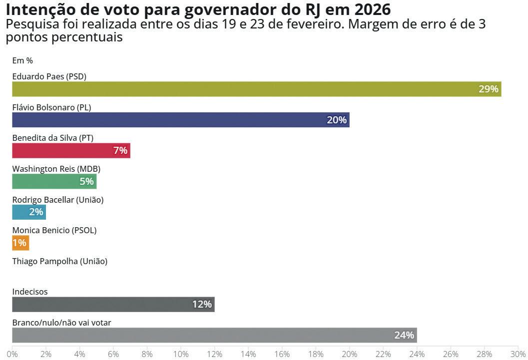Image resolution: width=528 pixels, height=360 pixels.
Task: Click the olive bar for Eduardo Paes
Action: (256, 89)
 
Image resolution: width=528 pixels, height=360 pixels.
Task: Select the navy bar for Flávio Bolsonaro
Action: (180, 120)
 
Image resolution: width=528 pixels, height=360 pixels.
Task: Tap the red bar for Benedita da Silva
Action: (71, 150)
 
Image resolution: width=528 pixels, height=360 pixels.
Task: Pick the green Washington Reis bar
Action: (54, 181)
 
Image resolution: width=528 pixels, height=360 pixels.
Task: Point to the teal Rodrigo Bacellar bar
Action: (29, 212)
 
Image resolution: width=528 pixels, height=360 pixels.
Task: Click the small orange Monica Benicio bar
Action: (20, 243)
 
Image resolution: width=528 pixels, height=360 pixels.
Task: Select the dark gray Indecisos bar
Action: (113, 304)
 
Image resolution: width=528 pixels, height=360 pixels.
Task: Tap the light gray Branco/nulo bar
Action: (214, 335)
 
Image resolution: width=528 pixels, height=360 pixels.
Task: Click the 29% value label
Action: (488, 89)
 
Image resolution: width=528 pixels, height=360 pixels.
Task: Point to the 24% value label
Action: (404, 335)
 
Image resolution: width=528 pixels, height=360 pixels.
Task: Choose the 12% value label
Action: (202, 304)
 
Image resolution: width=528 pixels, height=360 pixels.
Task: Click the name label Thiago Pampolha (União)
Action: (59, 261)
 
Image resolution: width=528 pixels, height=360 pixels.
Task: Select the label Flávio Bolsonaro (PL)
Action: (51, 107)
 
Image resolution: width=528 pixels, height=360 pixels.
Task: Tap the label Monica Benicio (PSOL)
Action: (54, 230)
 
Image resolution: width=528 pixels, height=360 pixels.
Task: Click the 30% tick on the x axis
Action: (518, 354)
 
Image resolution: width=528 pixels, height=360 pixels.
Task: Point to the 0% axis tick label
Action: (12, 354)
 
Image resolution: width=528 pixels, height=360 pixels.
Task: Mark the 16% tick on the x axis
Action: (282, 354)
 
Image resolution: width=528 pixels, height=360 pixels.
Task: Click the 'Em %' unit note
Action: (22, 60)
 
